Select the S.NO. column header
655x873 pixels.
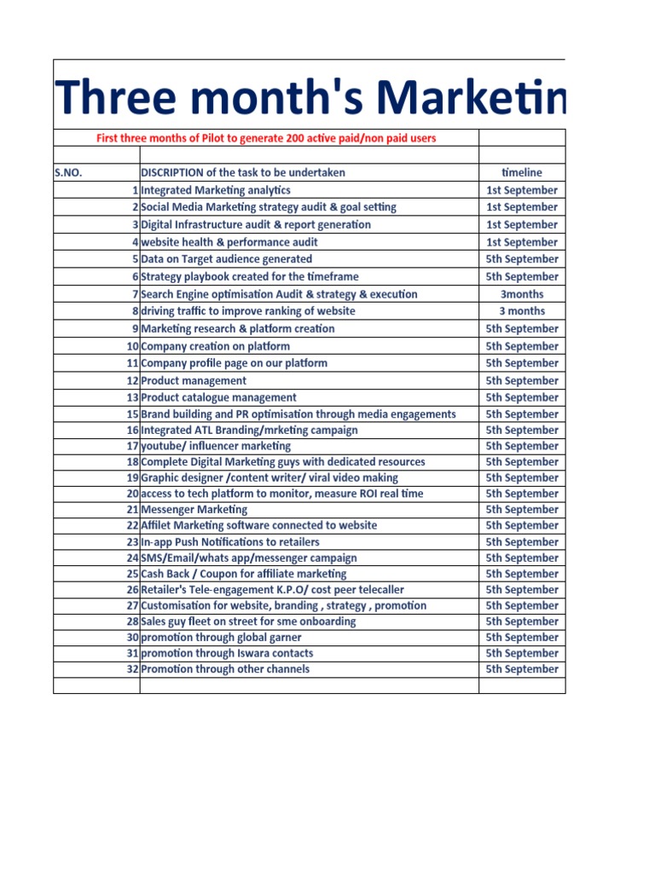click(67, 172)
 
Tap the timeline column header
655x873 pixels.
click(522, 172)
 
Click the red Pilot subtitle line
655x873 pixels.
click(266, 138)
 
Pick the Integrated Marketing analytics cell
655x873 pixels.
click(216, 190)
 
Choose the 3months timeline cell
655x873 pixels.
click(522, 294)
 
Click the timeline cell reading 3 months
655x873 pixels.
click(522, 311)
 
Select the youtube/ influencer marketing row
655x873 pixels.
click(216, 446)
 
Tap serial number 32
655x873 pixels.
click(132, 669)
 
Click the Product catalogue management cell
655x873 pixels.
click(219, 397)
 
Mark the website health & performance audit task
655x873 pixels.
click(229, 242)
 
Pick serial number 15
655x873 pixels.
click(132, 414)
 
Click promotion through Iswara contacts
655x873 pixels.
click(227, 653)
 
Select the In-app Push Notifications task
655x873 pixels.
click(230, 541)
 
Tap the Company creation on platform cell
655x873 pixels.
click(215, 346)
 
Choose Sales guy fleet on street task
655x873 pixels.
click(248, 622)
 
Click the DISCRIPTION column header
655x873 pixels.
click(243, 172)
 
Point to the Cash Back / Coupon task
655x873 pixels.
click(244, 574)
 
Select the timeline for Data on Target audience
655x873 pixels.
click(522, 259)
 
